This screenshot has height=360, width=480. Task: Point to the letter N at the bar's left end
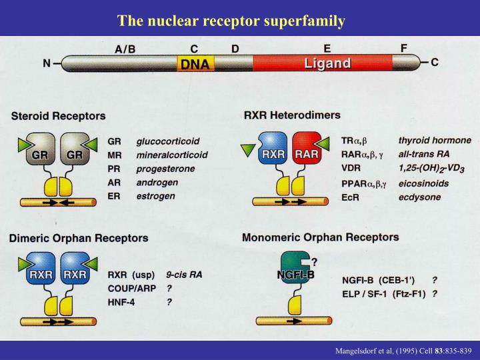[47, 64]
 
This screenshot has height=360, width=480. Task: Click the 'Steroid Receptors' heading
[58, 116]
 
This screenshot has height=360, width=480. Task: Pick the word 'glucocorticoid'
[167, 142]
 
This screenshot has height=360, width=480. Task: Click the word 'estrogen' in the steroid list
[155, 196]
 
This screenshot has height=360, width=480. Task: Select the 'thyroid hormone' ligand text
[434, 141]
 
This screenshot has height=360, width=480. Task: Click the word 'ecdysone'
[421, 197]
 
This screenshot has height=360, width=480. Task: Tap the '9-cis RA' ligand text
[184, 274]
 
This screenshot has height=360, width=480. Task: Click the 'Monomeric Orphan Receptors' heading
[321, 237]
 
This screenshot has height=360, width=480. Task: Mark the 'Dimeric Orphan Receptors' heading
[78, 238]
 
